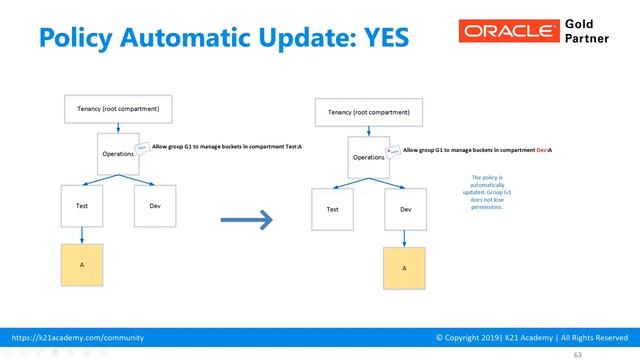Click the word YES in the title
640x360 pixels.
coord(381,36)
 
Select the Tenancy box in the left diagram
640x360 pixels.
coord(118,108)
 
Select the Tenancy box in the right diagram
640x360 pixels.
coord(368,113)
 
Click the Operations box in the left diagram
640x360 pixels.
coord(119,154)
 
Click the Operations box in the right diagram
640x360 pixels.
coord(369,157)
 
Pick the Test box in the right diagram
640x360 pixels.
coord(332,209)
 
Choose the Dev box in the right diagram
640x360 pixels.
coord(405,209)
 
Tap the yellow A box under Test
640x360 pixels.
coord(82,265)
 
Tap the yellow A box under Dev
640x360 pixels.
coord(405,268)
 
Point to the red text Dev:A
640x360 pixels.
coord(543,149)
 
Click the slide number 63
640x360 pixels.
coord(576,354)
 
